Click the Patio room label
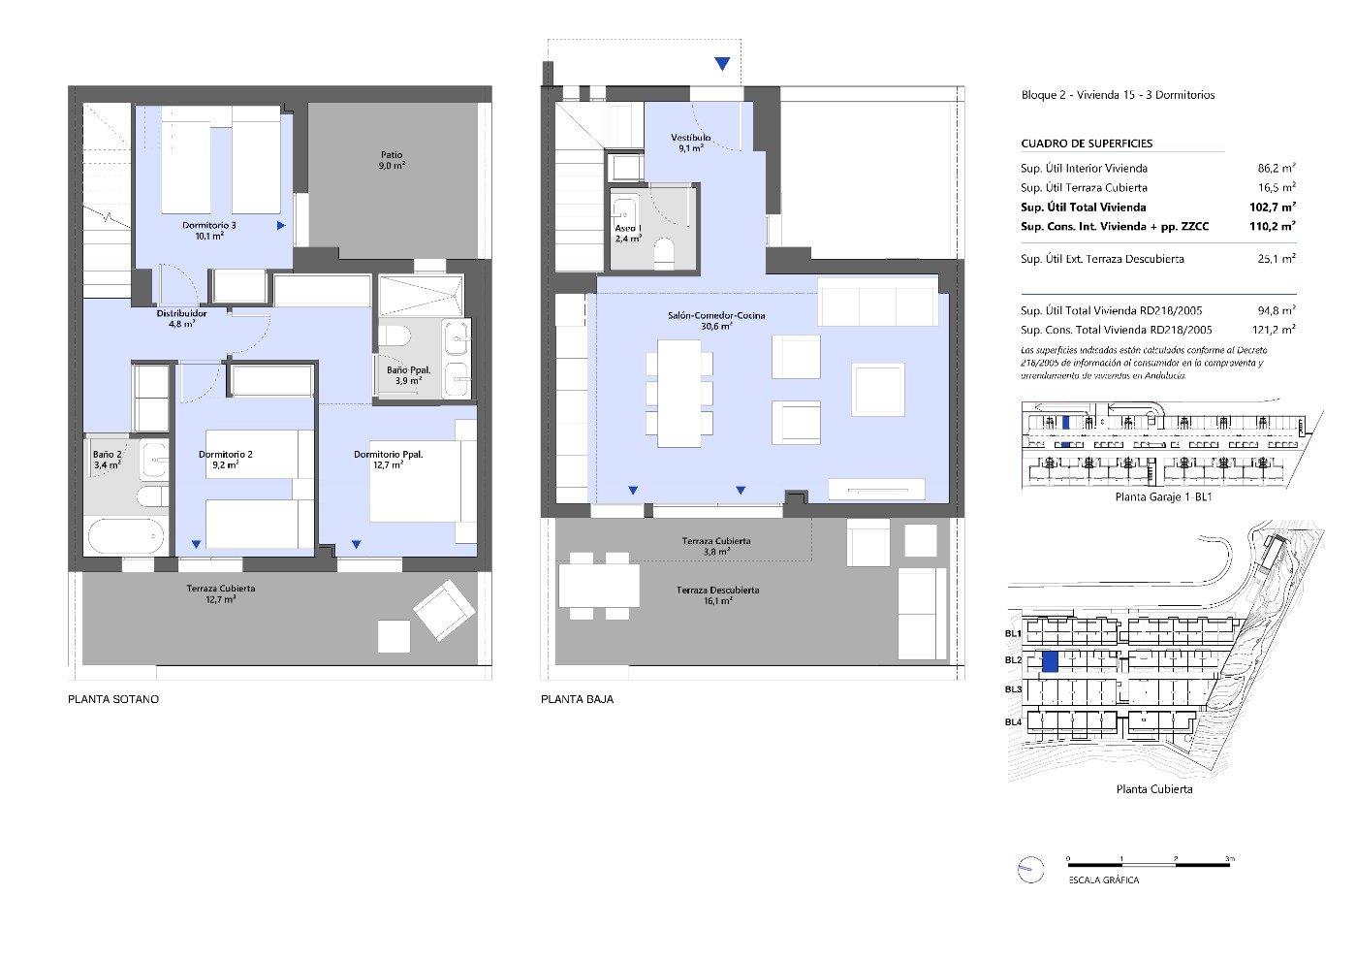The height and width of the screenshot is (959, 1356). point(392,160)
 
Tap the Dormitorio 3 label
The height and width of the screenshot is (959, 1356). point(209,230)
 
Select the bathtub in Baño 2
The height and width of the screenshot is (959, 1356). point(125,535)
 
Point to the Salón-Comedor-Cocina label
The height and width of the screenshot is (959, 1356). point(716,320)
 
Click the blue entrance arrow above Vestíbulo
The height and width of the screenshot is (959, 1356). point(722,64)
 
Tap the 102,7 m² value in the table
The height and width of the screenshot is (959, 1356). point(1272,207)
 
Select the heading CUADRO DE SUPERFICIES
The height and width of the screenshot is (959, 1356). point(1087,144)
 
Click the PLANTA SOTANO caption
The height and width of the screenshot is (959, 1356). point(113,699)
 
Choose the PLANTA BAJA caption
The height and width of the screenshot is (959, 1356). point(577,699)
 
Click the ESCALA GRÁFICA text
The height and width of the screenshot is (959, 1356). point(1104,880)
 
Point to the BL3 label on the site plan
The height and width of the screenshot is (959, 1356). point(1013,689)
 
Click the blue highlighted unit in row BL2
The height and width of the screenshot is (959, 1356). point(1049,662)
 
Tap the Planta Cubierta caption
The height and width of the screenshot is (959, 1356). point(1154,789)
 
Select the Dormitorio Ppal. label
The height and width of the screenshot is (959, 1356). point(388,459)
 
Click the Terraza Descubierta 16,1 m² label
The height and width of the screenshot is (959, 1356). point(717,595)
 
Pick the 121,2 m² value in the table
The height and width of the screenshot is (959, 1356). point(1274,330)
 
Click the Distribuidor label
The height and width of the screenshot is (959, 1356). point(182,318)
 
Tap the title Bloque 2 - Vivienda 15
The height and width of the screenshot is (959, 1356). point(1118,95)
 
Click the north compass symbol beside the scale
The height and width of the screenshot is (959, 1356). point(1029,870)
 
